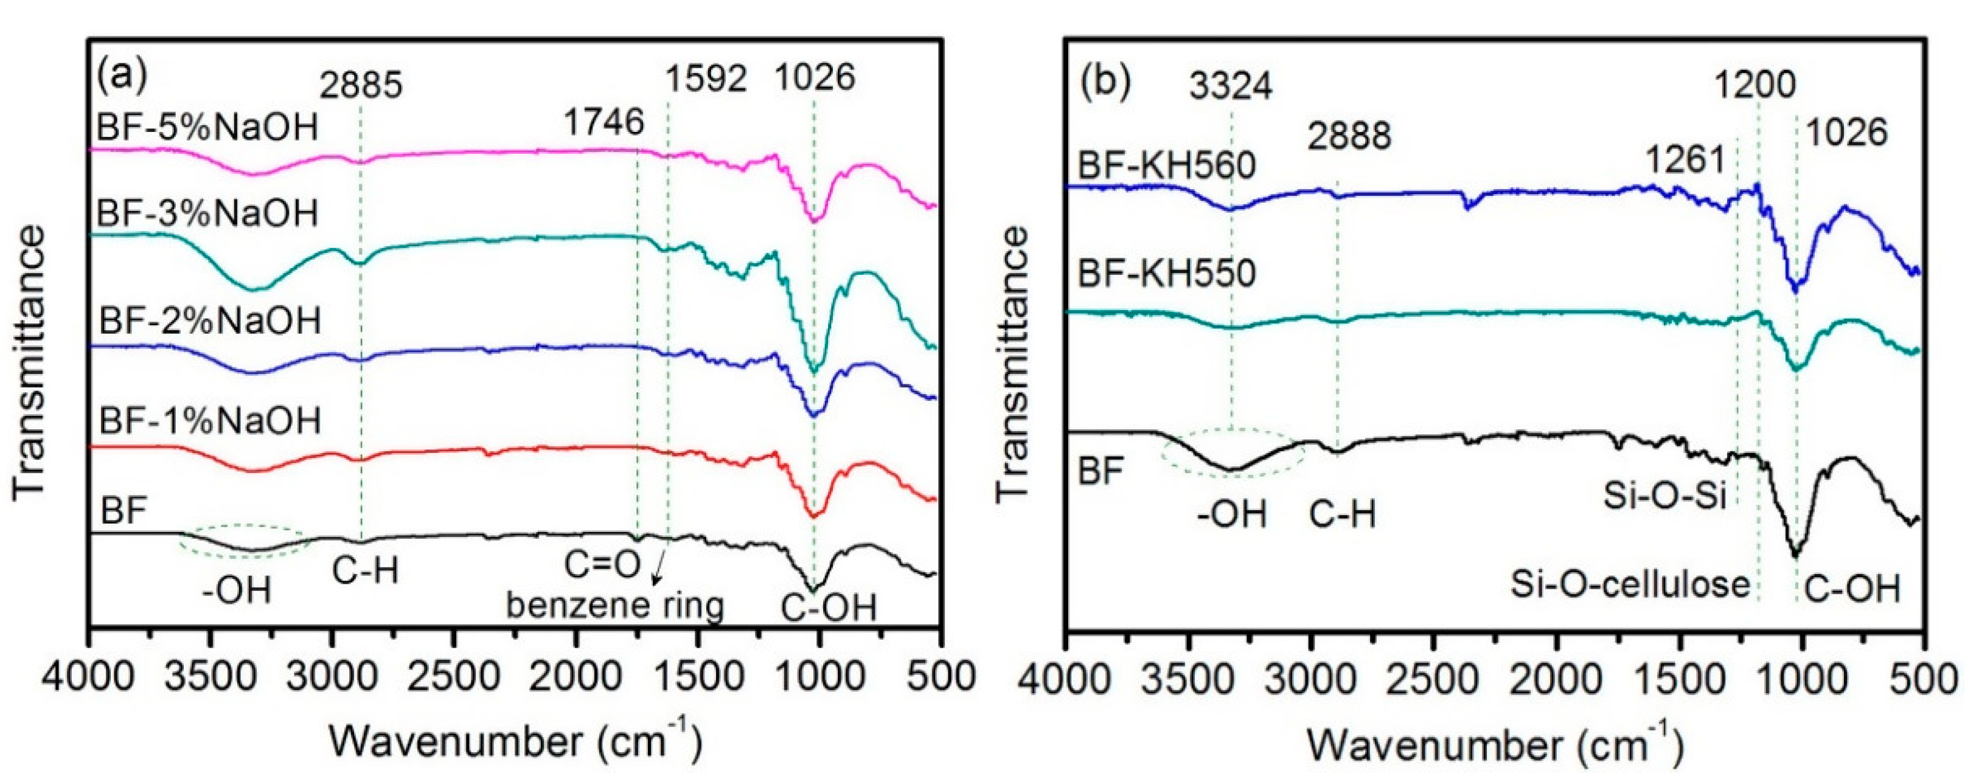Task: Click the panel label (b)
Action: click(x=1105, y=83)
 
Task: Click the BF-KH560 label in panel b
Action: click(x=1167, y=165)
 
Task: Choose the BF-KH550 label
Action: click(x=1167, y=272)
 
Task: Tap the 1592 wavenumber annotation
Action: click(x=706, y=79)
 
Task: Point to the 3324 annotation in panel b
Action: click(x=1231, y=87)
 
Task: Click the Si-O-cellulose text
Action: click(x=1630, y=584)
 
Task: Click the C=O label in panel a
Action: click(x=602, y=566)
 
